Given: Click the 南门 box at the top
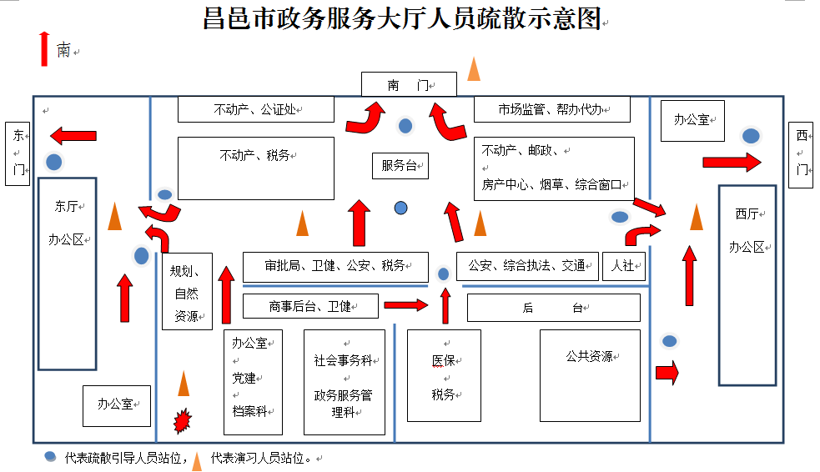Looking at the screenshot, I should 409,84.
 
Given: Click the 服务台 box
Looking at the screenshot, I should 400,166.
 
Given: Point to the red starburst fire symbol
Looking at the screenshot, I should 182,420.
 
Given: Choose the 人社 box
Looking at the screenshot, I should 623,266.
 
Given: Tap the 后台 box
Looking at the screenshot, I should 554,308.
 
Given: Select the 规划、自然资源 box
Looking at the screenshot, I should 187,292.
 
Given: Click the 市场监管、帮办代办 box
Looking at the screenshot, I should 551,109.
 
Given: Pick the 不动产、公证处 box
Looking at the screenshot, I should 255,109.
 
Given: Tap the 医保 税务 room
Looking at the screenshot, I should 444,375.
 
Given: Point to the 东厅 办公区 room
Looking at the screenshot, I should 68,274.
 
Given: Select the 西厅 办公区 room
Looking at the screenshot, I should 747,284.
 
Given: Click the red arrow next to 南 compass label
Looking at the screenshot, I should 43,48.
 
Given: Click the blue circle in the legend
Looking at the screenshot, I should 51,457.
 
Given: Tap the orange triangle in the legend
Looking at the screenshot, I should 197,460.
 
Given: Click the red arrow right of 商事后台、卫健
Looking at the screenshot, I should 405,305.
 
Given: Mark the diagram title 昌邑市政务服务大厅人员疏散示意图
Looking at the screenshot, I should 402,18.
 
